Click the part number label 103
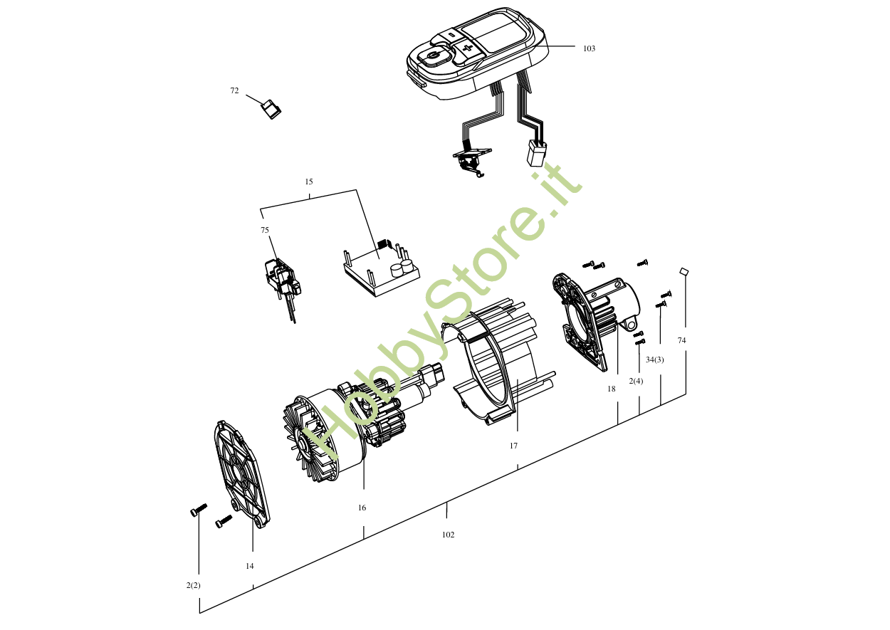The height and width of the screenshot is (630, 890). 589,48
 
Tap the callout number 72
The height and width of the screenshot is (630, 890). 234,90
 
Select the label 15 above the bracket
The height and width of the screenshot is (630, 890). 309,182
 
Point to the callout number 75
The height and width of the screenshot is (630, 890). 265,230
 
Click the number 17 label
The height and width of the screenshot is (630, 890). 513,446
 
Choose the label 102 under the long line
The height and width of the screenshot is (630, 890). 448,535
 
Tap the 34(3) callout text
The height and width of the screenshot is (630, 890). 654,359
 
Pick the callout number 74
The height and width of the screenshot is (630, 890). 681,340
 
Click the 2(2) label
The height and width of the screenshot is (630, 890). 193,585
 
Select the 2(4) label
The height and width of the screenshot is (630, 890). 636,381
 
